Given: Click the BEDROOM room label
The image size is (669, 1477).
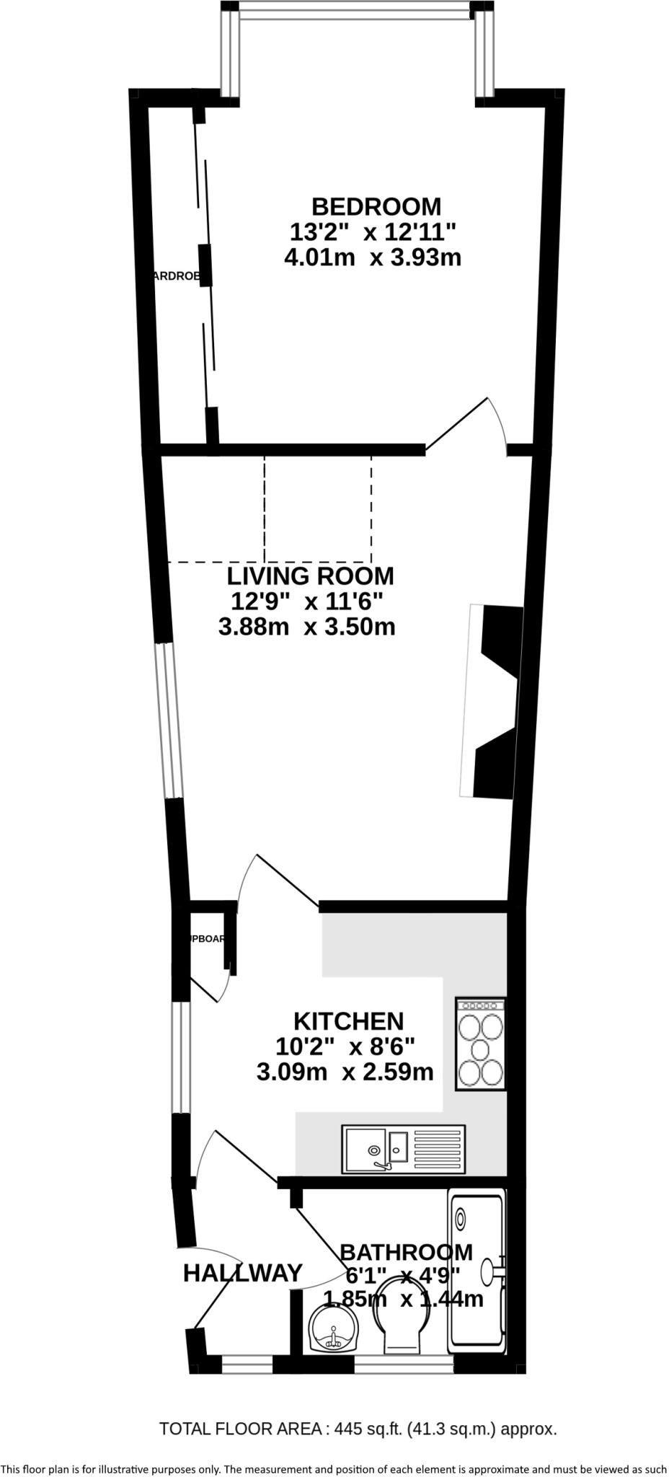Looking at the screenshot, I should pos(376,206).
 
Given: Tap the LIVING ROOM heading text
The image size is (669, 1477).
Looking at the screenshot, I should pos(310,576).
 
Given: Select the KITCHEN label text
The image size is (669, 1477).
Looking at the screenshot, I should pos(348,1021).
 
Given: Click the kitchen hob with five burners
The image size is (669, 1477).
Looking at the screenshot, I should pos(480,1044).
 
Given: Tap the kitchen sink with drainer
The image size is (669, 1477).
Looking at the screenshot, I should pos(404,1148).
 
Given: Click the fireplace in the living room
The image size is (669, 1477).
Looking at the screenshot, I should pos(494,702).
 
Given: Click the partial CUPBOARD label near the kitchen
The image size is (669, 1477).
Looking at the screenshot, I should pos(208,939).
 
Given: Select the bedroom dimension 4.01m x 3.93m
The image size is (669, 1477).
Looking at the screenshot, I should pos(373,257).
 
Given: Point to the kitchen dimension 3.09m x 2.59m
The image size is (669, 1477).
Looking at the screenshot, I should pos(345,1072).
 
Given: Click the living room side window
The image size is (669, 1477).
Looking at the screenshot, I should pos(170,721).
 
